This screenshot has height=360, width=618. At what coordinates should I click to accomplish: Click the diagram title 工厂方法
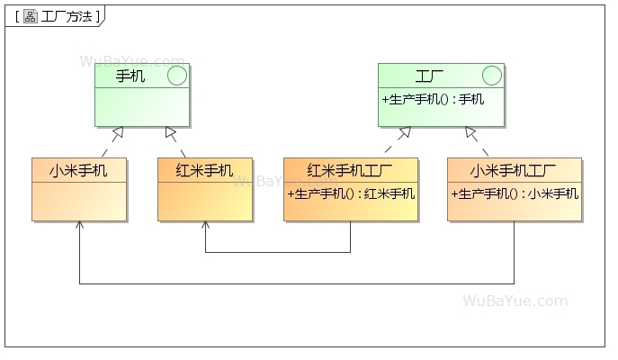point(67,16)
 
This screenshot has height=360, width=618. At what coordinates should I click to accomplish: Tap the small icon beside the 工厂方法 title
point(30,16)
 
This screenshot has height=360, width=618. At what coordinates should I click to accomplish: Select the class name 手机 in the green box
point(130,76)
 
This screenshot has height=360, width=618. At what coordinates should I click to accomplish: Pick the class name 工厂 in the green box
point(429,76)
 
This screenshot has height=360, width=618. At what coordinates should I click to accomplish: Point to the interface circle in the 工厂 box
point(491,76)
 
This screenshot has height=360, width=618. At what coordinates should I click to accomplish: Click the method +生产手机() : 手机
point(433,99)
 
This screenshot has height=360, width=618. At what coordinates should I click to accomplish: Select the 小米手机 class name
point(78,170)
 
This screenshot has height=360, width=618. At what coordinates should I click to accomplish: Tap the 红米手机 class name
point(204,170)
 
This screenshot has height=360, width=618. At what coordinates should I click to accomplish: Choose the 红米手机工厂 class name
point(350,170)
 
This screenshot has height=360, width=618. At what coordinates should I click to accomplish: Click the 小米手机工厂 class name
point(514,170)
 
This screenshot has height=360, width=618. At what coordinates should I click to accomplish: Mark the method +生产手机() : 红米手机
point(350,193)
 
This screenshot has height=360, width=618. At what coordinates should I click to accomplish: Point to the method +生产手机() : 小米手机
point(514,193)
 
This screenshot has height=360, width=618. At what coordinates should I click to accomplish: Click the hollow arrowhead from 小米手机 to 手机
point(117,133)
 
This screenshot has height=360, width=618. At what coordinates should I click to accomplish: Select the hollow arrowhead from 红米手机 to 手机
point(170,133)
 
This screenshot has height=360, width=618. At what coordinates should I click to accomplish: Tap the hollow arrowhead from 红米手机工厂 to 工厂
point(405,133)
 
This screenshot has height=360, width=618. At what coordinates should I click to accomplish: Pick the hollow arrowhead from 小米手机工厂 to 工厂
point(470,133)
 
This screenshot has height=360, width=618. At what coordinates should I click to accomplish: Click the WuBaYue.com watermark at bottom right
point(515,301)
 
